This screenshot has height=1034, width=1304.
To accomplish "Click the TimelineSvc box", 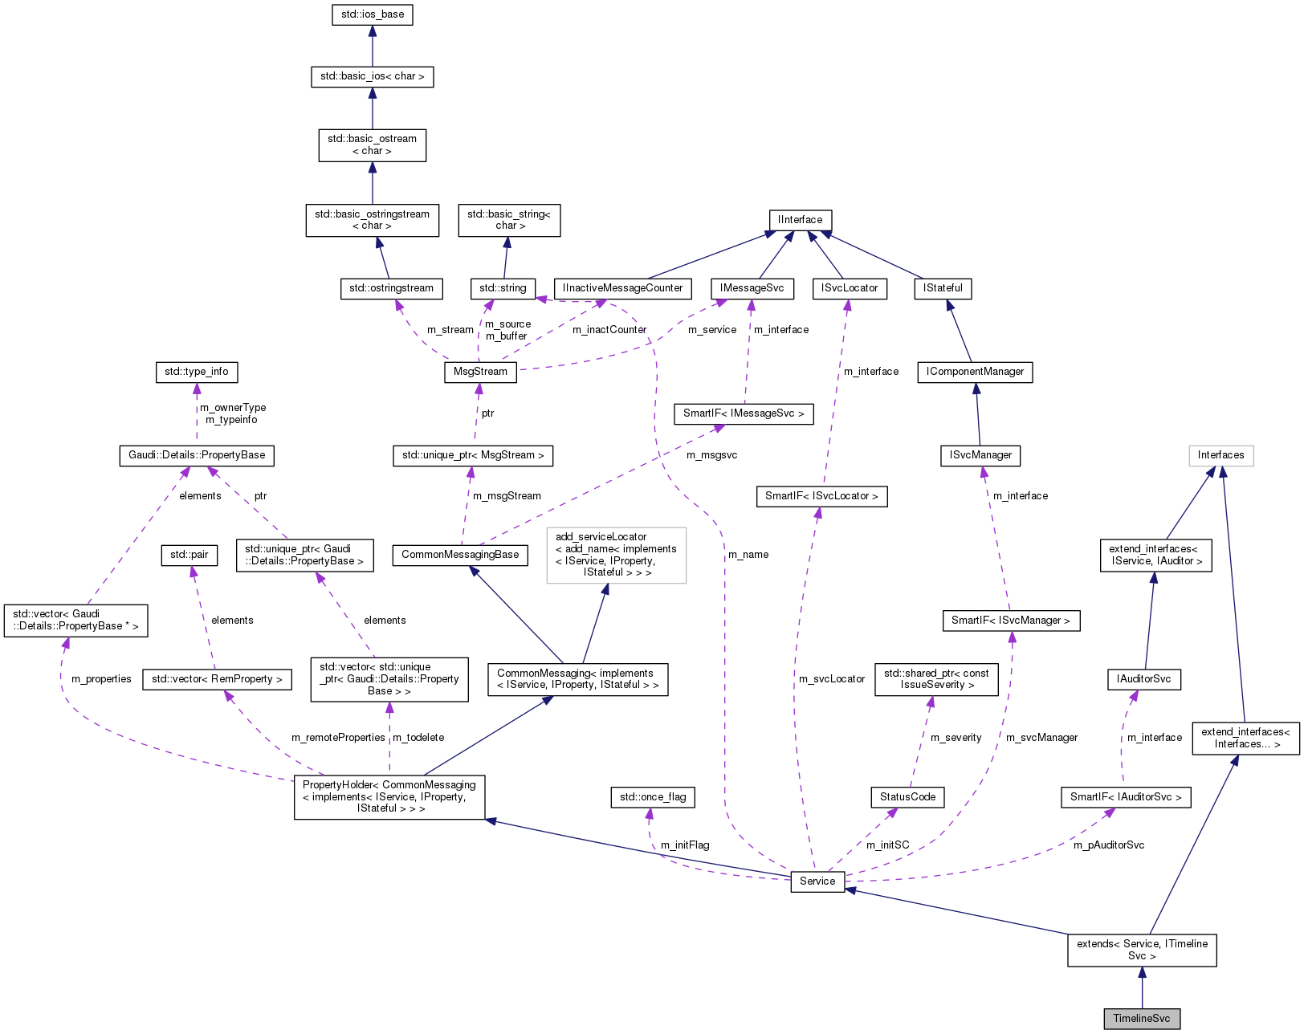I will (x=1141, y=1019).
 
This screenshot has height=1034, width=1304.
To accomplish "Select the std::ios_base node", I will (x=372, y=14).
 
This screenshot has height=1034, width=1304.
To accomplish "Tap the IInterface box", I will (x=800, y=220).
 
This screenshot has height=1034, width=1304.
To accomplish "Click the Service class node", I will (x=817, y=881).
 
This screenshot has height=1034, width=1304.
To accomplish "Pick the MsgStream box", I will (x=480, y=372).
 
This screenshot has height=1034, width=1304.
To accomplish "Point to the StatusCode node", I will (x=907, y=796).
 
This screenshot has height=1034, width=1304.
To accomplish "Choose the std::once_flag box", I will (x=653, y=796).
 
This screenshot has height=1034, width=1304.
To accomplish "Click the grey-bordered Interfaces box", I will (x=1220, y=455).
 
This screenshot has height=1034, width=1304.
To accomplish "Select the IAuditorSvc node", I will (x=1143, y=679).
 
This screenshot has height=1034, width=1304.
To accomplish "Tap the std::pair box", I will (x=189, y=555).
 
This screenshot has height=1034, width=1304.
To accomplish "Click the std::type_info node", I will (x=196, y=372).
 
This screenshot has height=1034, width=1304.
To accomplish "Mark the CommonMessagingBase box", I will (x=460, y=555).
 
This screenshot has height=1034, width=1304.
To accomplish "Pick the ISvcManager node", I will (x=980, y=455).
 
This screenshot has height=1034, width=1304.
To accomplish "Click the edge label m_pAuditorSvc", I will (x=1109, y=845).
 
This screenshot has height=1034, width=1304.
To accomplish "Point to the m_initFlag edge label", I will (x=685, y=845).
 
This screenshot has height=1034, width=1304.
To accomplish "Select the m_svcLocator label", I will (x=832, y=679).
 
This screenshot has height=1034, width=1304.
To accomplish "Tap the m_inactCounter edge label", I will (x=609, y=330).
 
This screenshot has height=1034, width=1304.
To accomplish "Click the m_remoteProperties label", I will (x=338, y=738).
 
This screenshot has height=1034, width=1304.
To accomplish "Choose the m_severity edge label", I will (x=956, y=738).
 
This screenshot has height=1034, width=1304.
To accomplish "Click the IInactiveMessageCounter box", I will (x=623, y=288).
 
